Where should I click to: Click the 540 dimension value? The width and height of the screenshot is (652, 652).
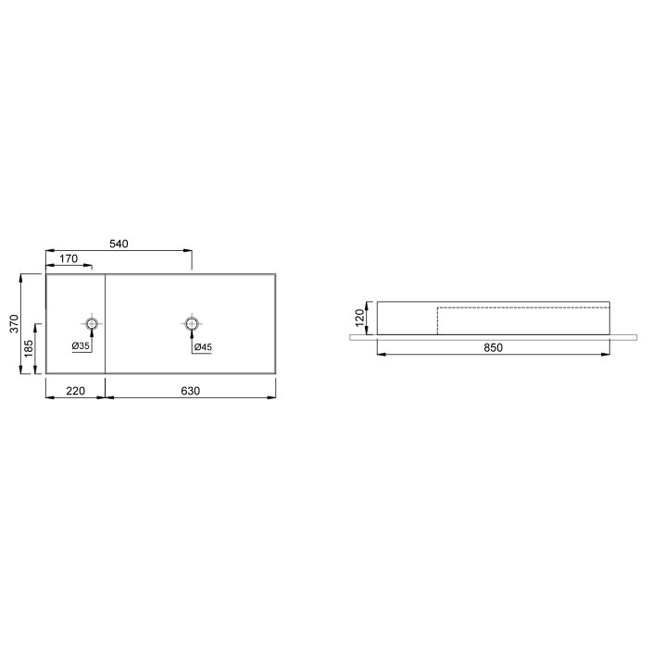(x=119, y=244)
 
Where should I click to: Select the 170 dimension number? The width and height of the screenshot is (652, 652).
(x=69, y=258)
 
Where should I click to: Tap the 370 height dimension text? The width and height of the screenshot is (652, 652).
(x=14, y=323)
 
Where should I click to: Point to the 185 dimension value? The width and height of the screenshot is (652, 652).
(x=29, y=348)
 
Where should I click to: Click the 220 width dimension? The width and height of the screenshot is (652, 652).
(x=75, y=391)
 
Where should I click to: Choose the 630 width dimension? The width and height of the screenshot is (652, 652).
(x=191, y=391)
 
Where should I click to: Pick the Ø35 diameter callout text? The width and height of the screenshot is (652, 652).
(x=81, y=346)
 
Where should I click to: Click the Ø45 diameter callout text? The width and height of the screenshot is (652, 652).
(x=203, y=346)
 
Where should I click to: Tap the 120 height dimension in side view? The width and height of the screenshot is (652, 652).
(x=360, y=318)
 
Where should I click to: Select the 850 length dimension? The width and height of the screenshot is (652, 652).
(x=493, y=347)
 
